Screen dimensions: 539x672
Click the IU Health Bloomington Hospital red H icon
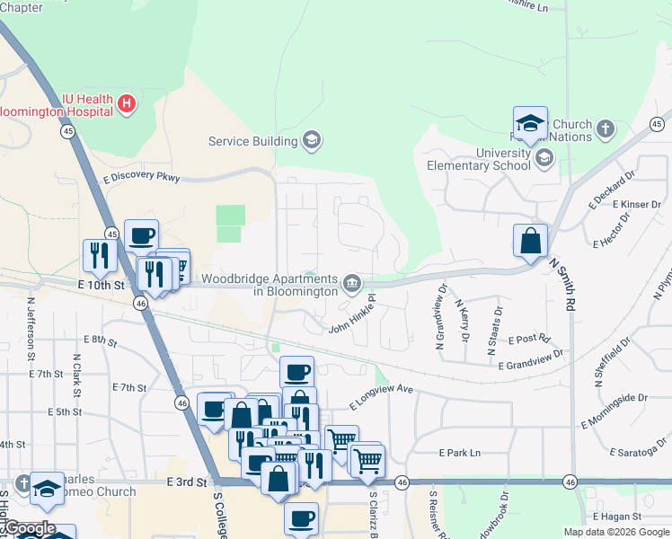click(x=127, y=103)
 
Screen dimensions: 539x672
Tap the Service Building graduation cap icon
click(x=312, y=140)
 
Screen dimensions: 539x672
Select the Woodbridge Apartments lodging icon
click(x=352, y=286)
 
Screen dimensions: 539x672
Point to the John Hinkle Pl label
click(x=351, y=317)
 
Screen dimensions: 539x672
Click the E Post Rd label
click(x=528, y=340)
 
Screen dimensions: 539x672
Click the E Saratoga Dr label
click(x=640, y=452)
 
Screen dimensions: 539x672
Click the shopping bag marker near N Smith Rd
click(x=530, y=242)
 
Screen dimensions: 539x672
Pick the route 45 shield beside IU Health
click(x=68, y=131)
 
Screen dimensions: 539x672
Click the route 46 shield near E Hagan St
click(x=570, y=482)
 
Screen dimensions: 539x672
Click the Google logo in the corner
click(x=30, y=528)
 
